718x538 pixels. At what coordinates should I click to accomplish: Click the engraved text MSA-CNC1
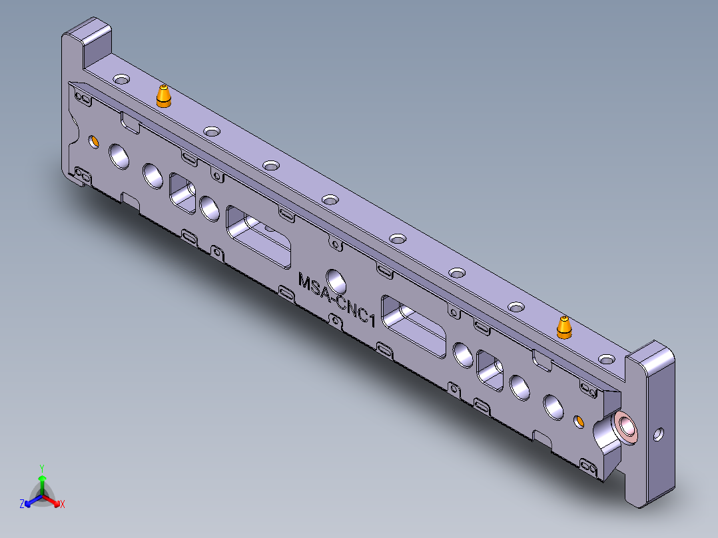click(x=338, y=299)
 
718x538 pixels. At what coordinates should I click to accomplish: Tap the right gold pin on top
click(x=564, y=327)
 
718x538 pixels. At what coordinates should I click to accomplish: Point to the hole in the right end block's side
click(x=658, y=435)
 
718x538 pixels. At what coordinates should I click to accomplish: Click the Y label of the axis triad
click(x=41, y=467)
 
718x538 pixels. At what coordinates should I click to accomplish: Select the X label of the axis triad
click(x=63, y=504)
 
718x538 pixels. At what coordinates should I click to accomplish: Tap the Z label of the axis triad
click(x=22, y=504)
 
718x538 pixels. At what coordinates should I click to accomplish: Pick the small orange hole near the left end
click(x=94, y=141)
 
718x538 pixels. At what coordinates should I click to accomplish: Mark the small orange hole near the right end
click(x=579, y=421)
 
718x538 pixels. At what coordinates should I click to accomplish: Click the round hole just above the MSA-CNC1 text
click(x=336, y=280)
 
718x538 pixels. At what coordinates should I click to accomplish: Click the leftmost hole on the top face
click(x=121, y=79)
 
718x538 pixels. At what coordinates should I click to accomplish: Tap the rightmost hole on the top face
click(x=606, y=360)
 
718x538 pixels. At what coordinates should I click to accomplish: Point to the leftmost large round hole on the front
click(x=121, y=156)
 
